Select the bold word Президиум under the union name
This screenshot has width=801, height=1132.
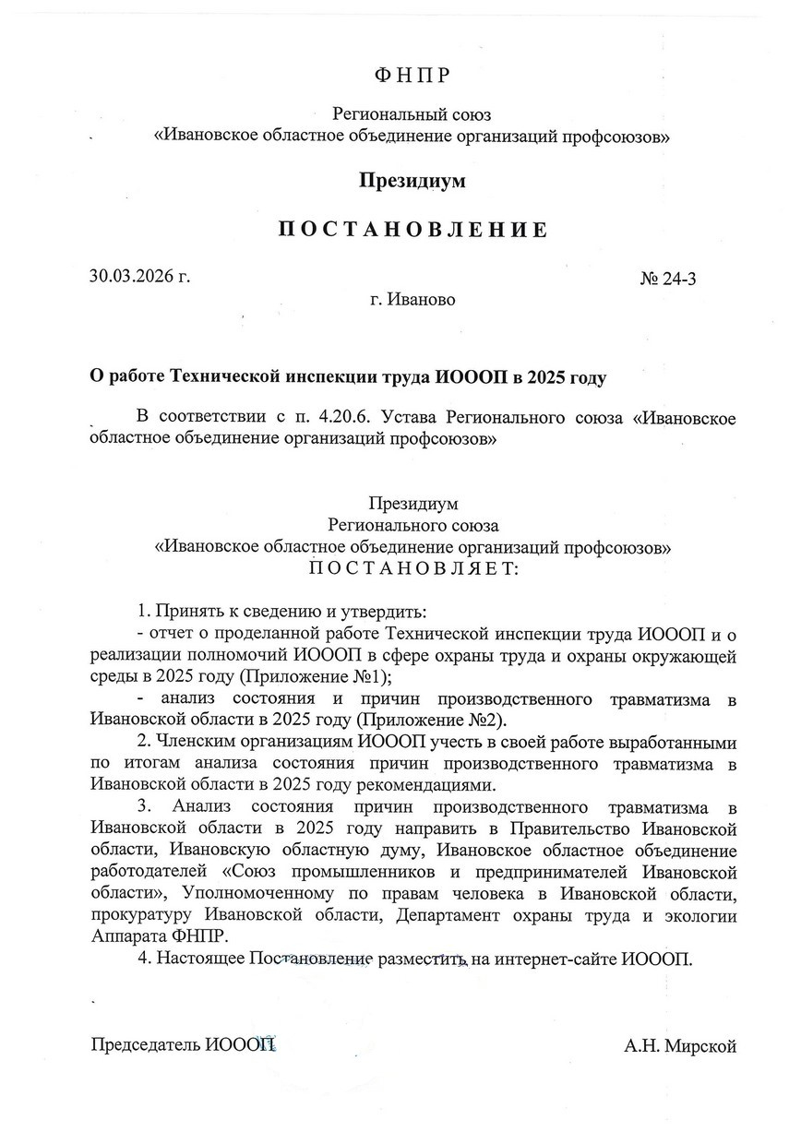click(412, 181)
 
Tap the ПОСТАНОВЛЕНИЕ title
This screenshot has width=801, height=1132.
click(412, 230)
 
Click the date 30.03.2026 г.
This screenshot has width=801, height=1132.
click(139, 276)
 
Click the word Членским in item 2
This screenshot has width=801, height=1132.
click(195, 743)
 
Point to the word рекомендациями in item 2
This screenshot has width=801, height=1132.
click(434, 785)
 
